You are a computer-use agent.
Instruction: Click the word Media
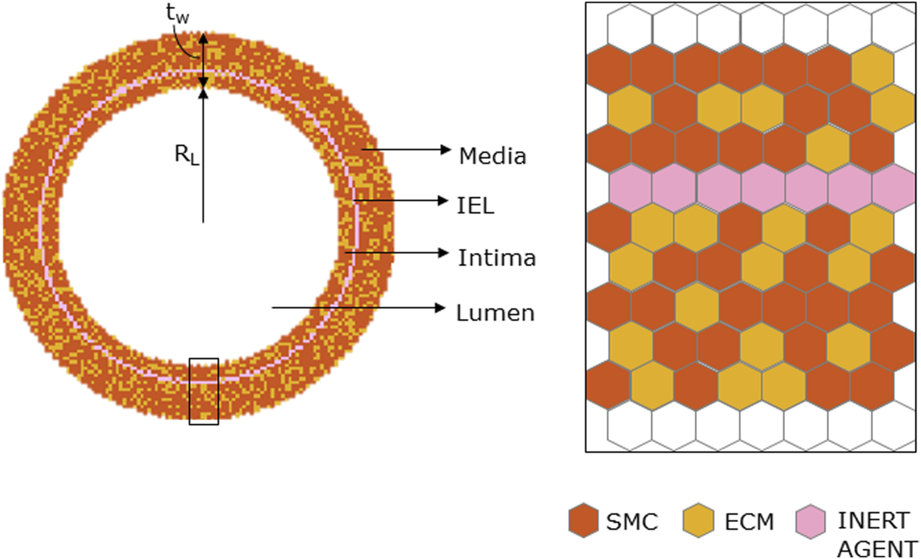(x=492, y=156)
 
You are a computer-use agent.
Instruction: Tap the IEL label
(x=475, y=206)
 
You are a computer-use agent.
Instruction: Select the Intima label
(x=497, y=258)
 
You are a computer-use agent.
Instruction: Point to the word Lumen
(x=495, y=313)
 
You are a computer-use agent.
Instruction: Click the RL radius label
(x=187, y=155)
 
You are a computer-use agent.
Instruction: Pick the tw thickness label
(x=177, y=13)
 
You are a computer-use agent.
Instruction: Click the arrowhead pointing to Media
(x=446, y=149)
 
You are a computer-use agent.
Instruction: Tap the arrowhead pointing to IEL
(x=443, y=201)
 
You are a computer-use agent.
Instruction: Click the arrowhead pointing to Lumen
(x=440, y=307)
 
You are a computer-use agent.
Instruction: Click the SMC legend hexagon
(x=583, y=520)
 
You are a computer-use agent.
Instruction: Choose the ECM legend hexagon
(x=698, y=520)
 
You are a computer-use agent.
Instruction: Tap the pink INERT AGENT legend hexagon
(x=810, y=521)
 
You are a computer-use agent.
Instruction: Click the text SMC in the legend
(x=632, y=522)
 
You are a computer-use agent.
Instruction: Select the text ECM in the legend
(x=749, y=522)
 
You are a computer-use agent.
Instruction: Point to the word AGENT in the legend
(x=877, y=549)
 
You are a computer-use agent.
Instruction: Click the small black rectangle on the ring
(x=204, y=391)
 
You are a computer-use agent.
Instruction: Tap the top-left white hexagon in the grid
(x=629, y=28)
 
